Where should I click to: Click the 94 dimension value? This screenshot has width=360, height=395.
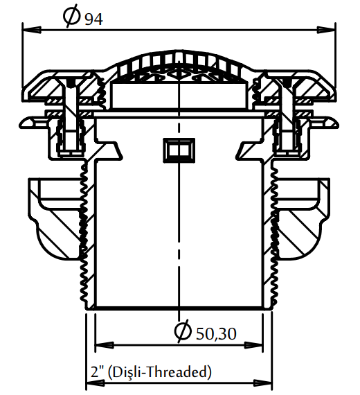93,19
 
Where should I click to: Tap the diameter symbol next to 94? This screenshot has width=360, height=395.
72,16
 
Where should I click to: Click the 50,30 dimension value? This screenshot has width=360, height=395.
216,334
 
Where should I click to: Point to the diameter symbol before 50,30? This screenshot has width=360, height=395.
183,331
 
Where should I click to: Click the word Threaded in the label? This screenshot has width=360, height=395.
177,372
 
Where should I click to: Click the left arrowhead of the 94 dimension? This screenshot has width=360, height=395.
32,30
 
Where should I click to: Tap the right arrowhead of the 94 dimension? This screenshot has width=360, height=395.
326,30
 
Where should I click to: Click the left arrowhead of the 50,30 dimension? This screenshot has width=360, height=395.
105,345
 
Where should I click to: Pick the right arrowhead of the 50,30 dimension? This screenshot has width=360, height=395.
253,345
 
